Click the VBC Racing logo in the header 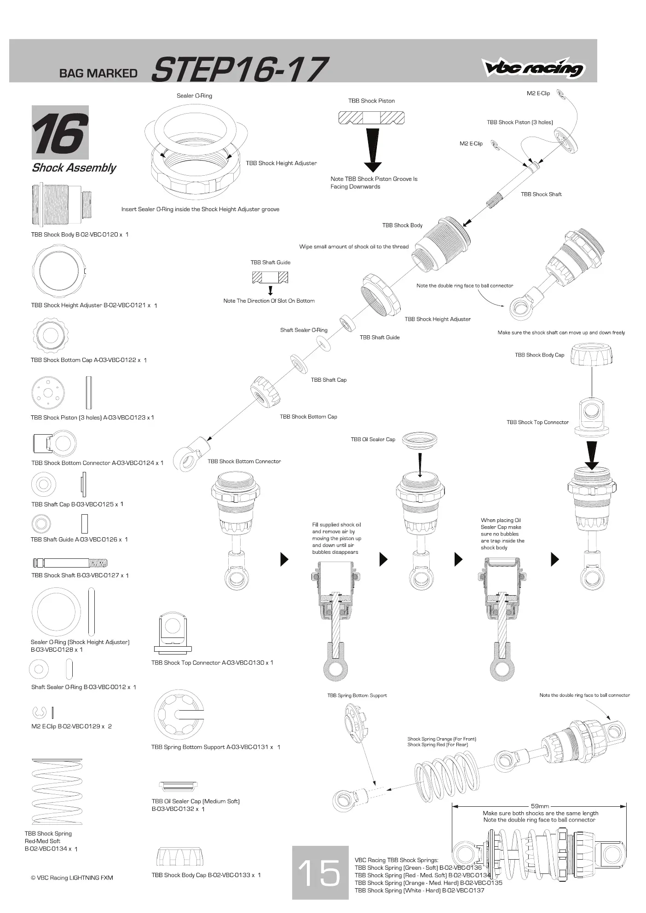click(x=533, y=68)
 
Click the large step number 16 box click(x=60, y=132)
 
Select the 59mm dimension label click(x=540, y=806)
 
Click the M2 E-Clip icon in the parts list click(x=40, y=712)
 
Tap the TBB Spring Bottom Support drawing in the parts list click(x=179, y=714)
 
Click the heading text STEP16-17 click(x=240, y=69)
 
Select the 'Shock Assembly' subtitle click(x=74, y=167)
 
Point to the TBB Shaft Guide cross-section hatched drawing click(x=270, y=277)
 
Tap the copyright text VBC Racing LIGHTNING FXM click(x=72, y=878)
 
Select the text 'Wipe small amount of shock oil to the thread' click(x=354, y=247)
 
